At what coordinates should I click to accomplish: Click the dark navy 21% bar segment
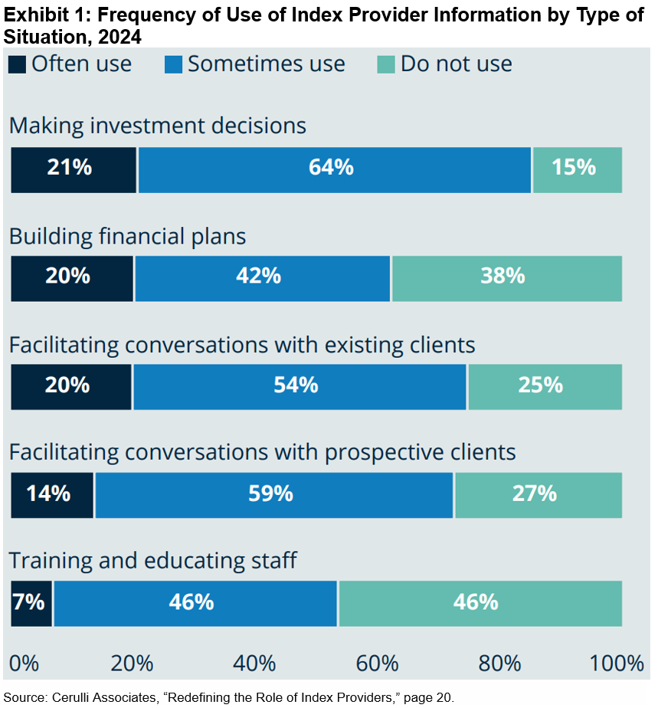[x=74, y=169]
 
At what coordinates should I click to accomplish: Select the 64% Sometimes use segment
[x=334, y=169]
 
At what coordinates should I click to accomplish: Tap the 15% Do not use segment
[x=577, y=169]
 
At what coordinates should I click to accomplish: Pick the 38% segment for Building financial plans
[x=506, y=278]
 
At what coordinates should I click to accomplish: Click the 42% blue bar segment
[x=262, y=278]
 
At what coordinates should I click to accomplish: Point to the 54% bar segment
[x=300, y=386]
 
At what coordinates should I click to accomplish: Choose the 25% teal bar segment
[x=544, y=386]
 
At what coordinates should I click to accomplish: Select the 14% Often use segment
[x=52, y=495]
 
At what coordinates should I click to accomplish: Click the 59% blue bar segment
[x=274, y=495]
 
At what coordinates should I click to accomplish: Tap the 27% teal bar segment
[x=538, y=495]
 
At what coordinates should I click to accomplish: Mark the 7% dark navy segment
[x=31, y=603]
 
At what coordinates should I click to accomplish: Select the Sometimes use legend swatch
[x=173, y=64]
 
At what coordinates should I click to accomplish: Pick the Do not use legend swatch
[x=386, y=64]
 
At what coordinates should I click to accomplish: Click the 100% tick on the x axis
[x=617, y=663]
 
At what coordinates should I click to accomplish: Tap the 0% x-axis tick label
[x=23, y=663]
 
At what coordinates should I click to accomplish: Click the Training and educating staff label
[x=152, y=561]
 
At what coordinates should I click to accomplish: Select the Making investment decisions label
[x=158, y=126]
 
